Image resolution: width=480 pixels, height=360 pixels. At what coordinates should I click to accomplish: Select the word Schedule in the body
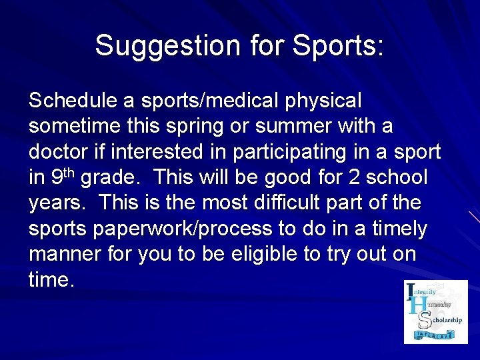point(73,101)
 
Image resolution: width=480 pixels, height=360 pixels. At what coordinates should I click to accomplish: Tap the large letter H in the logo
point(416,306)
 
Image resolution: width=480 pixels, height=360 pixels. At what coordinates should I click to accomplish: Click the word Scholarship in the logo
point(444,320)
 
